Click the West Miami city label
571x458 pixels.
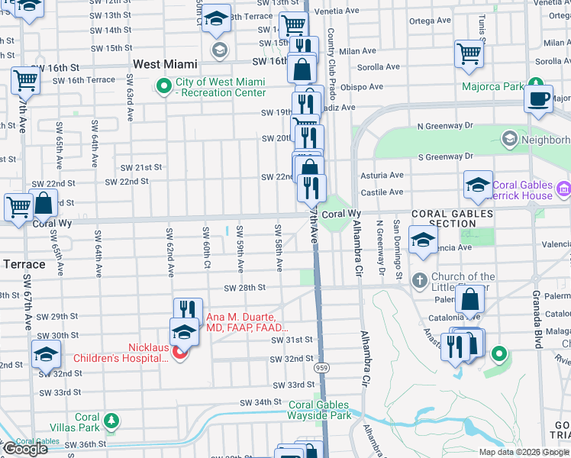coord(165,64)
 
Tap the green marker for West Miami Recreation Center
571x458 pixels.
coord(163,87)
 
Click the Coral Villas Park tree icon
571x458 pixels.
coord(111,420)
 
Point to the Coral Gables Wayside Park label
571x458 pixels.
coord(319,411)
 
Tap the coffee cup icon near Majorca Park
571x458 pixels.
coord(540,98)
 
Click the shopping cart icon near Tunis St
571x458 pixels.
coord(469,53)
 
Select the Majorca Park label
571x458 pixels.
coord(492,86)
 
